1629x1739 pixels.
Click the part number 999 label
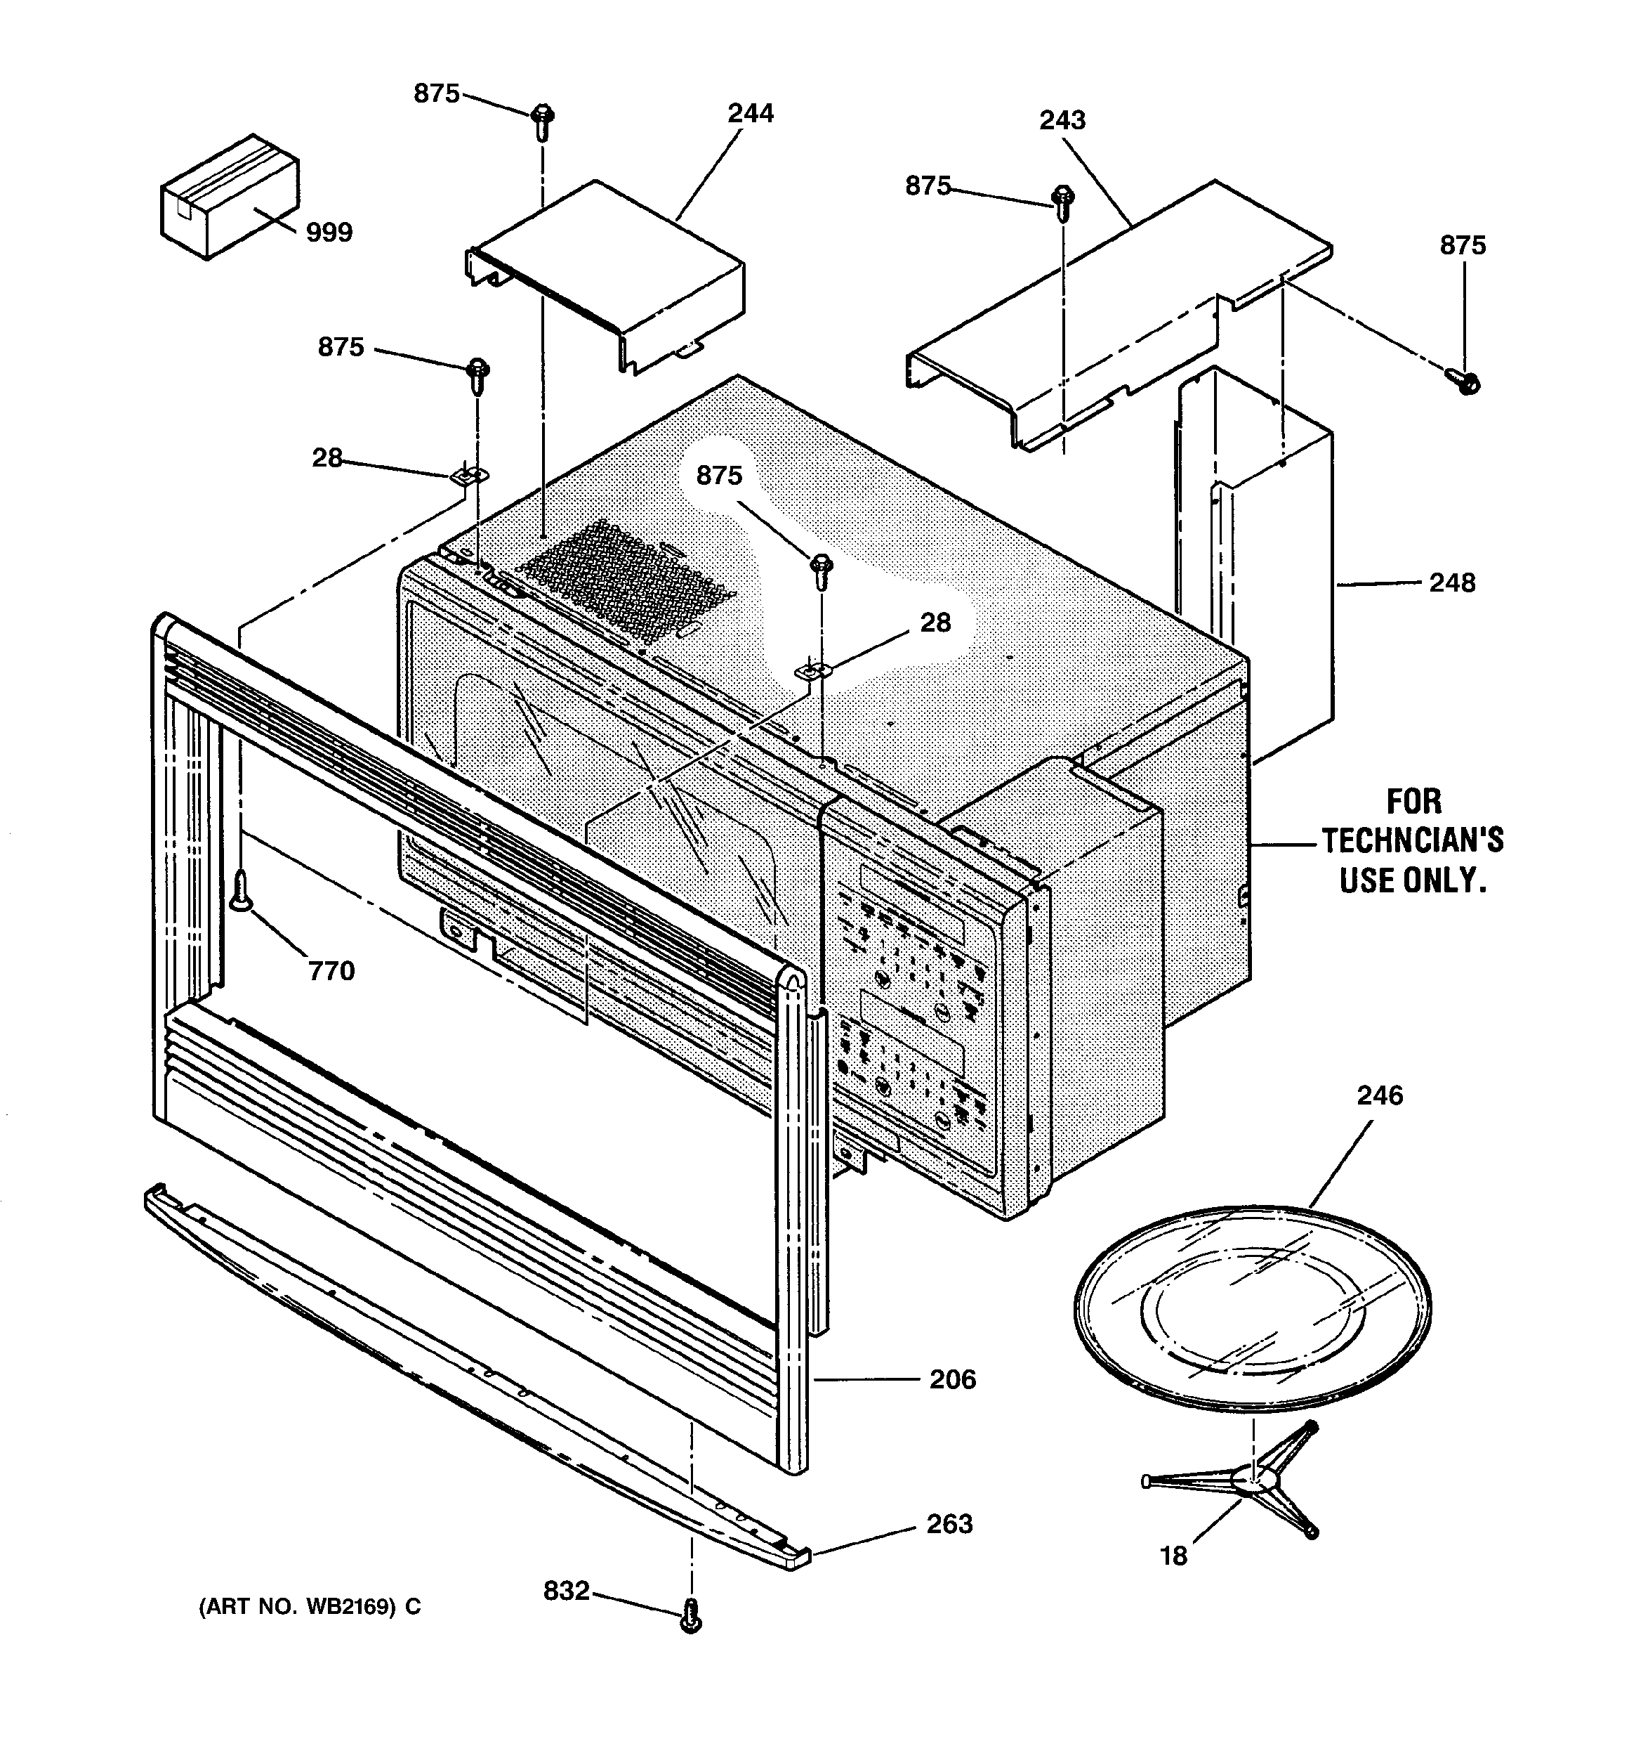[x=329, y=233]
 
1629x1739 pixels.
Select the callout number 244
[x=750, y=114]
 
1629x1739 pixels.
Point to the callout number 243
[x=1062, y=120]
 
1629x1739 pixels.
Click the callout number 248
[x=1451, y=582]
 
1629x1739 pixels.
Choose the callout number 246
[x=1380, y=1095]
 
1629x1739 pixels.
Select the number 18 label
[x=1173, y=1556]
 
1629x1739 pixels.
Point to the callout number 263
[x=949, y=1524]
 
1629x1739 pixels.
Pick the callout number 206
[x=952, y=1379]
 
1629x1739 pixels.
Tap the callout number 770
[x=331, y=970]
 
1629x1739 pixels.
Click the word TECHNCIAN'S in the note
[x=1412, y=840]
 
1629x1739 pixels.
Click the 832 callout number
[x=567, y=1590]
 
